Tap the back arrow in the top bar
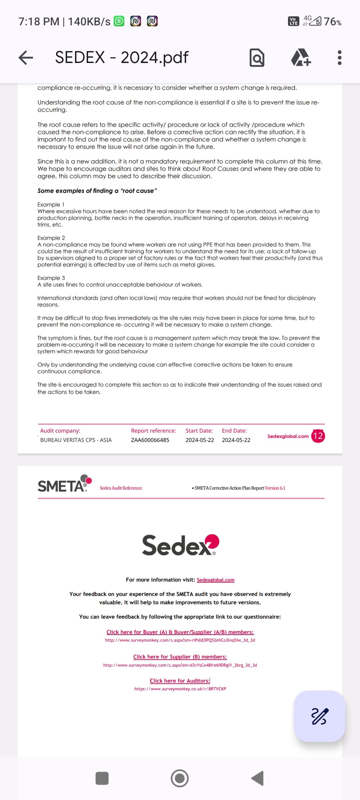coord(26,58)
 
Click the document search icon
coord(257,58)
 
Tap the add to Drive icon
coord(301,58)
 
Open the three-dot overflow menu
coord(339,58)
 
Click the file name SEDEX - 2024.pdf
coord(122,58)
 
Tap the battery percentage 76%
coord(332,22)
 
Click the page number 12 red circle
coord(318,436)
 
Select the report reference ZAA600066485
coord(150,440)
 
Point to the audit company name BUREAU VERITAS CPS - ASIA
coord(76,440)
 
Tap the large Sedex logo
coord(180,545)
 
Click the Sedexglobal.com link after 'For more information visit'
coord(215,580)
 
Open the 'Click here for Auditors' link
coord(180,681)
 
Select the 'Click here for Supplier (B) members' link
coord(180,657)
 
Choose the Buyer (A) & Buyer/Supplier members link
coord(180,632)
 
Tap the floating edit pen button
coord(319,716)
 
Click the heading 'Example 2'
coord(51,238)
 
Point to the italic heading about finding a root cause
coord(97,191)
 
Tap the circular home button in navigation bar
coord(180,778)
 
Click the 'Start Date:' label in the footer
coord(199,431)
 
